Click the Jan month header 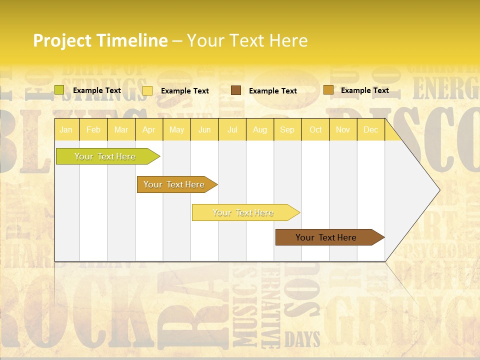pyautogui.click(x=66, y=129)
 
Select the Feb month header pyautogui.click(x=93, y=129)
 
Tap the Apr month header pyautogui.click(x=149, y=129)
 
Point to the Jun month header pyautogui.click(x=204, y=129)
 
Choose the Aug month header pyautogui.click(x=260, y=129)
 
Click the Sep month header pyautogui.click(x=287, y=129)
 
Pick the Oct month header pyautogui.click(x=315, y=129)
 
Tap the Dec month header pyautogui.click(x=371, y=129)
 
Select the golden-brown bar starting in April pyautogui.click(x=175, y=184)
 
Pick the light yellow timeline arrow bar pyautogui.click(x=244, y=212)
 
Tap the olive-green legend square pyautogui.click(x=59, y=90)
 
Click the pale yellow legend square pyautogui.click(x=147, y=90)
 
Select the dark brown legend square pyautogui.click(x=236, y=90)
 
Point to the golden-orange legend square pyautogui.click(x=328, y=90)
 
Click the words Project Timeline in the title pyautogui.click(x=100, y=40)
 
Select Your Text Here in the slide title pyautogui.click(x=247, y=40)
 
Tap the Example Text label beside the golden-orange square pyautogui.click(x=365, y=90)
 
